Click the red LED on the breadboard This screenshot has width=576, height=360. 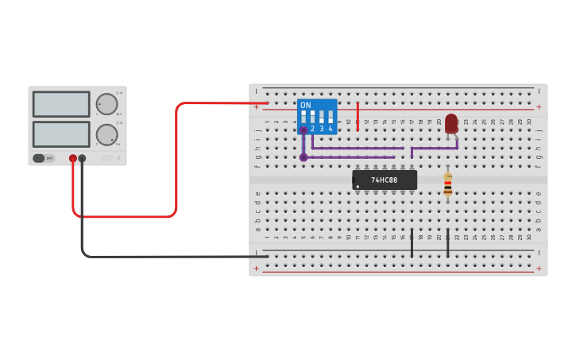pyautogui.click(x=451, y=122)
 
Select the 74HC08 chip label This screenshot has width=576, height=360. pyautogui.click(x=385, y=180)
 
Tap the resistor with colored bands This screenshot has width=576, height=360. pyautogui.click(x=448, y=184)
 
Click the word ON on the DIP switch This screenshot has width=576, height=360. pyautogui.click(x=306, y=105)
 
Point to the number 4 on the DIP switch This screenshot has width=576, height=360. pyautogui.click(x=331, y=129)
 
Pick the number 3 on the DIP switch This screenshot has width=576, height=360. pyautogui.click(x=322, y=129)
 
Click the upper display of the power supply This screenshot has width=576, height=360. pyautogui.click(x=61, y=104)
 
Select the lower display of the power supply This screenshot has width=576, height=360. pyautogui.click(x=61, y=134)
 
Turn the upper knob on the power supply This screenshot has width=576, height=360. pyautogui.click(x=106, y=104)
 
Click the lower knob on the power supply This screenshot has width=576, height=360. pyautogui.click(x=106, y=134)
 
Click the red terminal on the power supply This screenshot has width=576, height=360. pyautogui.click(x=72, y=158)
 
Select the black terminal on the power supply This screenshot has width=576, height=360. pyautogui.click(x=82, y=158)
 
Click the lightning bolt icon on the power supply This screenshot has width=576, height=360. pyautogui.click(x=118, y=158)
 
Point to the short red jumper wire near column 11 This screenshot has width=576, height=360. pyautogui.click(x=358, y=116)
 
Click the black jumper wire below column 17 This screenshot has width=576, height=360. pyautogui.click(x=412, y=243)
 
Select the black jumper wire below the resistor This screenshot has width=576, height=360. pyautogui.click(x=448, y=243)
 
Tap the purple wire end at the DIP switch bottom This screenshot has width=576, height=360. pyautogui.click(x=303, y=157)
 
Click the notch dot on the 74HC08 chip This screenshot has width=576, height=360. pyautogui.click(x=358, y=188)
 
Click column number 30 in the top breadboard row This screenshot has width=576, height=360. pyautogui.click(x=529, y=122)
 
